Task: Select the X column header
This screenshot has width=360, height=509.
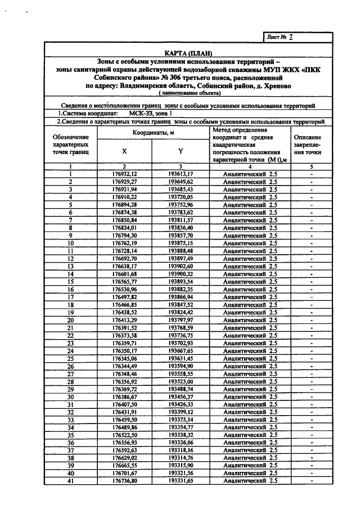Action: tap(124, 151)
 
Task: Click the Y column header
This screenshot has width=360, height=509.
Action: tap(181, 151)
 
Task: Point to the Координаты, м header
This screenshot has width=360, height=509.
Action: tap(152, 133)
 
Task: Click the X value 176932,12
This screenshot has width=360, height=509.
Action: tap(124, 174)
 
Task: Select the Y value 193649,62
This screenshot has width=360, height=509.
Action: tap(181, 182)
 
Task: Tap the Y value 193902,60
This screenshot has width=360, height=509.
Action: tap(181, 266)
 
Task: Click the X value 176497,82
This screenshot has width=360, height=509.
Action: tap(124, 296)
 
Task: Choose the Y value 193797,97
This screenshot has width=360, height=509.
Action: tap(181, 319)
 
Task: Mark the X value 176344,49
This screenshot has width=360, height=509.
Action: tap(124, 366)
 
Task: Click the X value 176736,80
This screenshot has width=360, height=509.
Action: tap(124, 481)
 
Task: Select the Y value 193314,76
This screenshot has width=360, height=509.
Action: tap(181, 458)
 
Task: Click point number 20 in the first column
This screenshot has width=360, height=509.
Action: tap(71, 319)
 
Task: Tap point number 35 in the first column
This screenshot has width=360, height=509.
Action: tap(71, 435)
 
